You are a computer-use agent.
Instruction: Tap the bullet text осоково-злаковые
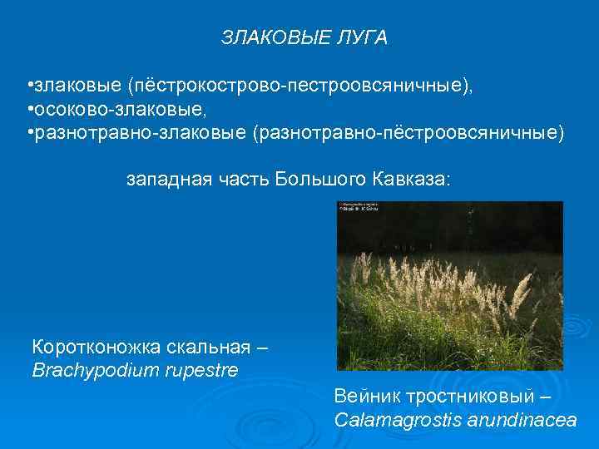(x=97, y=111)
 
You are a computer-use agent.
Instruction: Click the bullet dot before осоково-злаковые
(x=29, y=111)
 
